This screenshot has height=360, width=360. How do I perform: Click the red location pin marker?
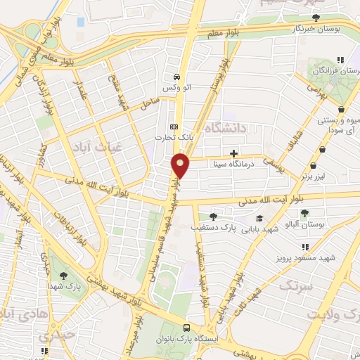coord(181,165)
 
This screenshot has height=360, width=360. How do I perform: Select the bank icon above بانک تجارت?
coord(174,127)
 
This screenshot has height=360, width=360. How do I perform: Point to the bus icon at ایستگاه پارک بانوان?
coord(186,328)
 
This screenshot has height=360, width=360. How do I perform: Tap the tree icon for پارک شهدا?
coord(65,276)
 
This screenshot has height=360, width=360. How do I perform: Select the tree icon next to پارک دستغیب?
coord(212,217)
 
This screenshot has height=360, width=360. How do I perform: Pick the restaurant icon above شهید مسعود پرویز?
coord(305,247)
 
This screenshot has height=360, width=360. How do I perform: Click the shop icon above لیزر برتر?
coord(323,149)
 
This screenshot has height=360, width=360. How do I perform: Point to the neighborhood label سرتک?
coord(294,285)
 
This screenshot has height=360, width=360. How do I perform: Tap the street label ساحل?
coord(149,105)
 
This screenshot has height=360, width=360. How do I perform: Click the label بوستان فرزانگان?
coord(329,71)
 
